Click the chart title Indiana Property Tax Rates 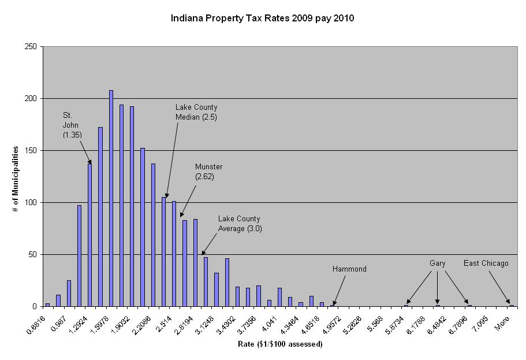click(262, 18)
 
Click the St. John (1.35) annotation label click(72, 125)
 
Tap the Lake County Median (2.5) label click(196, 112)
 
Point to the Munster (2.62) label click(208, 172)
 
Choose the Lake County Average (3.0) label click(239, 223)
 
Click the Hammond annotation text click(349, 269)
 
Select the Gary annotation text click(437, 263)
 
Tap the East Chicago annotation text click(486, 263)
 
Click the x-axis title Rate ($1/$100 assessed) click(280, 344)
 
